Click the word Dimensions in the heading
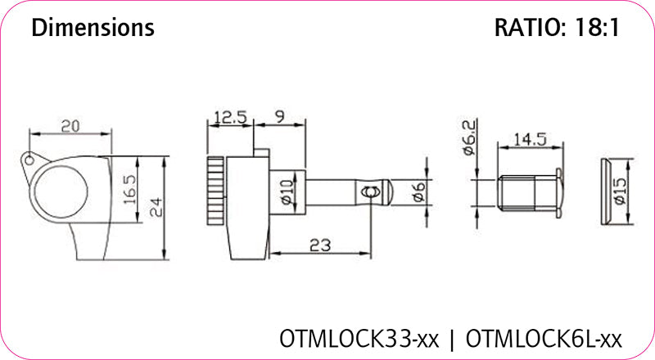[x=92, y=28]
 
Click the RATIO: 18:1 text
[x=557, y=28]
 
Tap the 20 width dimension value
[x=70, y=127]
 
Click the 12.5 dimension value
[x=231, y=117]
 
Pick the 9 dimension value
[x=279, y=117]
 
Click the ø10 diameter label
[x=286, y=193]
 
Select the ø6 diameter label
[x=418, y=193]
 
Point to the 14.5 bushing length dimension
[x=531, y=140]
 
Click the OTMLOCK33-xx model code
[x=359, y=337]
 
